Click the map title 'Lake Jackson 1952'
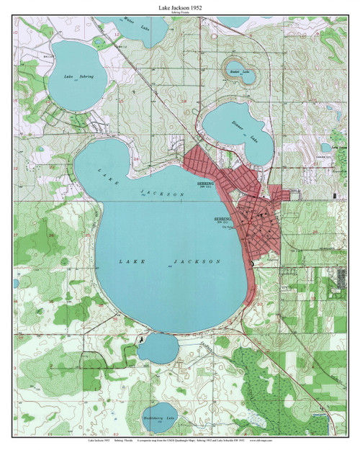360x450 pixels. [x=179, y=6]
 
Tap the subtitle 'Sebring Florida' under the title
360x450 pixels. [x=179, y=13]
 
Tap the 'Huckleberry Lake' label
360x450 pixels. [x=159, y=418]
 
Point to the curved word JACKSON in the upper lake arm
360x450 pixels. [x=155, y=194]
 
